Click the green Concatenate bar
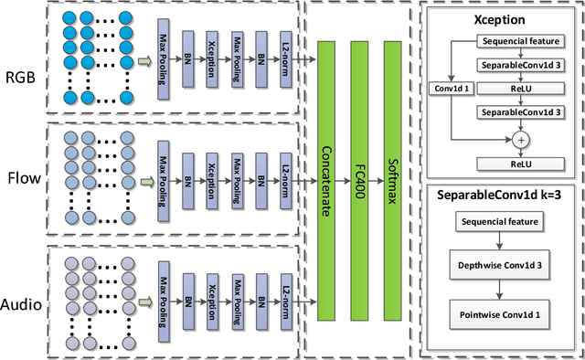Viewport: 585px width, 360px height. [x=327, y=180]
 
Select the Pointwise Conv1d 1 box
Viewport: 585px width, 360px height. [x=500, y=315]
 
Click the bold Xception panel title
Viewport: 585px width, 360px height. [x=500, y=18]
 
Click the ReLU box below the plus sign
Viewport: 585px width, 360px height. [x=520, y=164]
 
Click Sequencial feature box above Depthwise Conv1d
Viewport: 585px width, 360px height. [x=500, y=222]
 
